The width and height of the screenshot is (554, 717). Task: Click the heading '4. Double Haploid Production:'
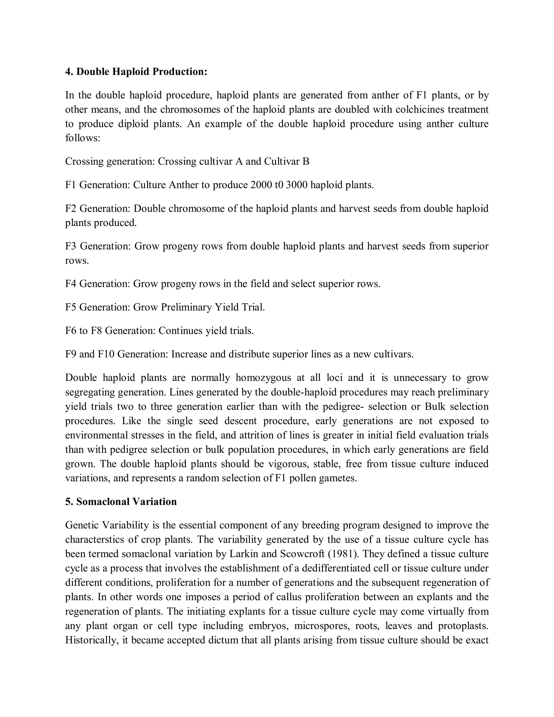[x=136, y=72]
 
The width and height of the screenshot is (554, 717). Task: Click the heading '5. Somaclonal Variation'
[x=121, y=502]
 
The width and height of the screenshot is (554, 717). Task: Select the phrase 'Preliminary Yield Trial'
[x=212, y=307]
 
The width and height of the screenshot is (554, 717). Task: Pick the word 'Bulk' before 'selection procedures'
[x=435, y=406]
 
